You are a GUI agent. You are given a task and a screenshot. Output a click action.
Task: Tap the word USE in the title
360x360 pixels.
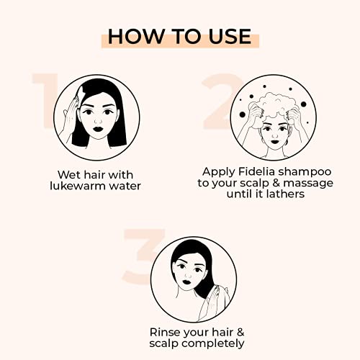(x=230, y=37)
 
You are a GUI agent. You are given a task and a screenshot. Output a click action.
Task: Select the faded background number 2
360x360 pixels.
(x=222, y=101)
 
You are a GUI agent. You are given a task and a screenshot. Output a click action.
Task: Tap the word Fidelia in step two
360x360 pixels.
(x=256, y=171)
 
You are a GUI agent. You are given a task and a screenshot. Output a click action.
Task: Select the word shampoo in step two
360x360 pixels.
(x=305, y=173)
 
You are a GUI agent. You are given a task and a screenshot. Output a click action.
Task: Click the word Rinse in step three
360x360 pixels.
(x=163, y=333)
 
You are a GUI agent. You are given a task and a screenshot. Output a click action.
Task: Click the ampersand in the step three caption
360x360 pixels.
(x=240, y=333)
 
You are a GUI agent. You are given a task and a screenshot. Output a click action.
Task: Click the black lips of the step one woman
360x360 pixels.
(x=98, y=129)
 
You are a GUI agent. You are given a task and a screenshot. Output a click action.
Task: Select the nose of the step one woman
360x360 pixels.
(x=98, y=120)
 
